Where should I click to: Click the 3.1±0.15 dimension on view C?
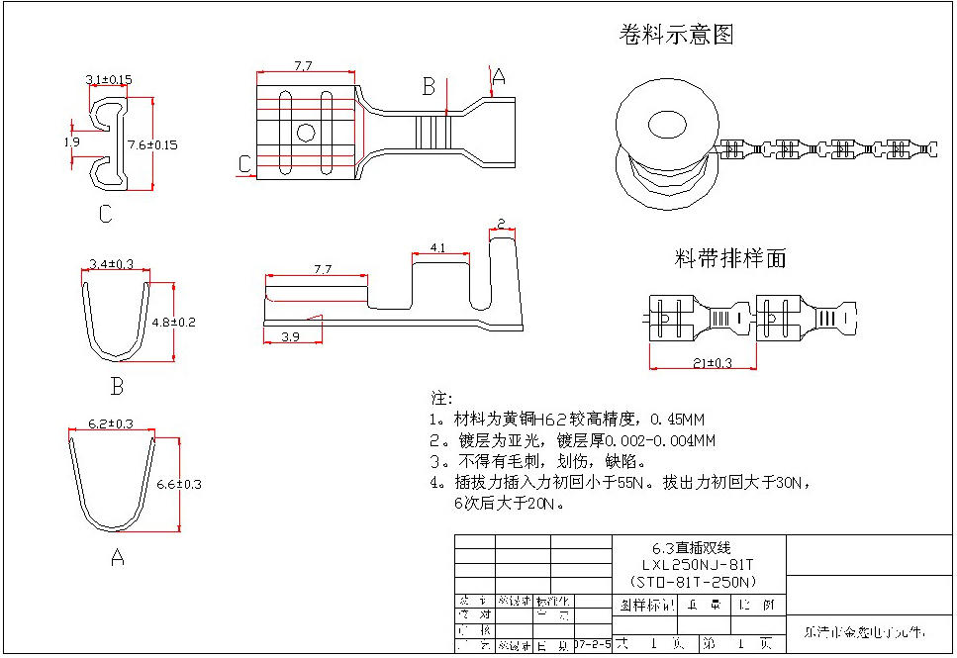tap(109, 79)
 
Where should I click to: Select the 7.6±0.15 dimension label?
tap(153, 144)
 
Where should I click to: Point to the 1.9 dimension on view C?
tap(71, 142)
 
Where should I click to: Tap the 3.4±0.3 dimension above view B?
tap(111, 263)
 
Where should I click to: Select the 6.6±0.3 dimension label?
tap(179, 484)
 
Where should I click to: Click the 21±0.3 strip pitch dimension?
tap(712, 363)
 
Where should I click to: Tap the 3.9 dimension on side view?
tap(290, 337)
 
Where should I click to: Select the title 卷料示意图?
tap(676, 36)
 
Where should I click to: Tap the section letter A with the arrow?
tap(498, 76)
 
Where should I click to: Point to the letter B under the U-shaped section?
tap(117, 386)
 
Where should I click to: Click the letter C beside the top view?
tap(243, 164)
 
